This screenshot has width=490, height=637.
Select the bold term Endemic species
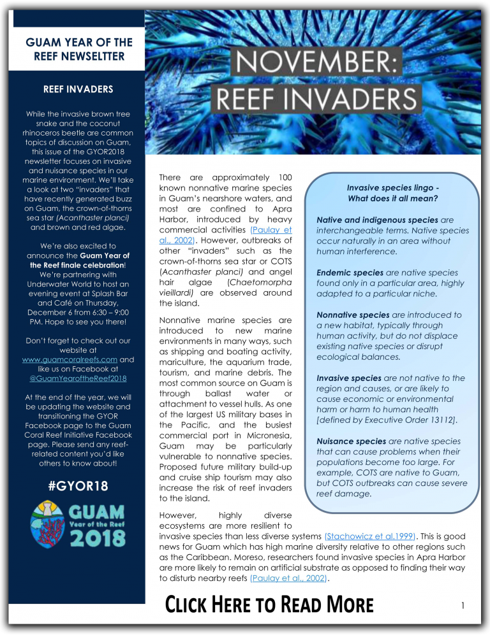click(x=348, y=272)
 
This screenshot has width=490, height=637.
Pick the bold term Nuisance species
click(x=351, y=441)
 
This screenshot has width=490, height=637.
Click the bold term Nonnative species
click(x=353, y=315)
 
